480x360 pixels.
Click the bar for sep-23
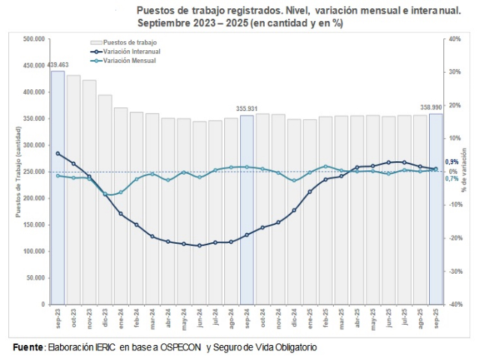pyautogui.click(x=58, y=187)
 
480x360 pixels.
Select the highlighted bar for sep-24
pyautogui.click(x=247, y=210)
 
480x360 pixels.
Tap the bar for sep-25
pyautogui.click(x=436, y=210)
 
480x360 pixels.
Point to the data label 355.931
pyautogui.click(x=247, y=109)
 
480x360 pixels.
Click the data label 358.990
pyautogui.click(x=431, y=108)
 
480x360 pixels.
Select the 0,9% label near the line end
pyautogui.click(x=451, y=162)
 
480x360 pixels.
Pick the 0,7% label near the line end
pyautogui.click(x=451, y=178)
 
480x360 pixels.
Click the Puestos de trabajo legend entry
pyautogui.click(x=129, y=43)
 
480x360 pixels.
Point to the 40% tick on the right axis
pyautogui.click(x=454, y=39)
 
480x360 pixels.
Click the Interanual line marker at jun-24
pyautogui.click(x=199, y=245)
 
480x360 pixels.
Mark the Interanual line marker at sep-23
pyautogui.click(x=58, y=153)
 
